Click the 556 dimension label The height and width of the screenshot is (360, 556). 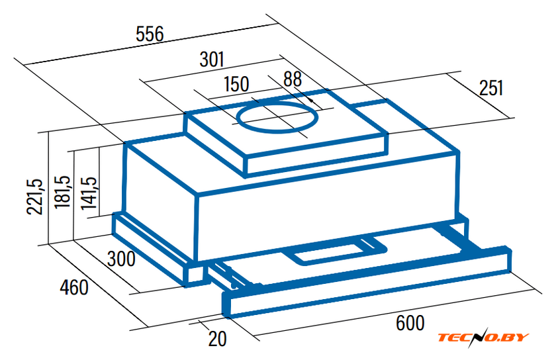(x=150, y=34)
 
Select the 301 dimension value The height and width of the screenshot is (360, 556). (x=212, y=60)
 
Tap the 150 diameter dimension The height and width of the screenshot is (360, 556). (x=236, y=84)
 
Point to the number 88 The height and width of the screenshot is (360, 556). (x=293, y=79)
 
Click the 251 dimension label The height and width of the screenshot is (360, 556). (x=491, y=88)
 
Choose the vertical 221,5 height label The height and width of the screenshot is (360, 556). (x=35, y=197)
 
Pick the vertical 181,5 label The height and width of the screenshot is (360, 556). (x=62, y=192)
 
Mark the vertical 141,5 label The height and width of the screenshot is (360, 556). (x=88, y=193)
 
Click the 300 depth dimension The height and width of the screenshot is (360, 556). (x=121, y=259)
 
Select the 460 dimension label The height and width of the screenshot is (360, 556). (x=73, y=287)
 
